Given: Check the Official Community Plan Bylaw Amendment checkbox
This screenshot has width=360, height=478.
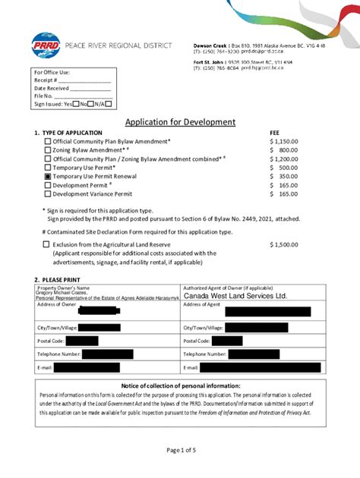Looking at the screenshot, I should [48, 141].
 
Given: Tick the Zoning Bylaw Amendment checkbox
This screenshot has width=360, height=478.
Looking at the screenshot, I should [48, 150].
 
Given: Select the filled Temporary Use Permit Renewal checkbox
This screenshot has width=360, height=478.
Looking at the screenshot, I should [48, 176].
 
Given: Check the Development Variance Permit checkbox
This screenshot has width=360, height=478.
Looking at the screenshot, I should [48, 193].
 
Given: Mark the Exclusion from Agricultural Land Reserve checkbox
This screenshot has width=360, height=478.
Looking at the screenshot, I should [46, 244].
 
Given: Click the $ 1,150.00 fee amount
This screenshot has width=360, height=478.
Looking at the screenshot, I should [283, 141].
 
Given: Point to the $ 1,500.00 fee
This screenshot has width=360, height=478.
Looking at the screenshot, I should [283, 244].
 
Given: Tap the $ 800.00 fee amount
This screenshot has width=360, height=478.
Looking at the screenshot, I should [283, 150].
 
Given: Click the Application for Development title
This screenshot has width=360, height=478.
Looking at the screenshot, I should [180, 122].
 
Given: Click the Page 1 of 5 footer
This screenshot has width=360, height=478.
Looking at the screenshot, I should [180, 450].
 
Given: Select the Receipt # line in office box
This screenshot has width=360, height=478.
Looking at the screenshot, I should [72, 80].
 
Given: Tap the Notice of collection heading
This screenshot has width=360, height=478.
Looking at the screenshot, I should [180, 386].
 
